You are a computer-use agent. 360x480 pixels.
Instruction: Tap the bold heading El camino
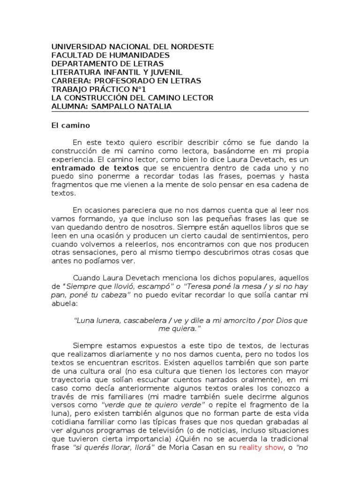pyautogui.click(x=70, y=126)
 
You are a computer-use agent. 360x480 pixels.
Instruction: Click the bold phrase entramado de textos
pyautogui.click(x=96, y=167)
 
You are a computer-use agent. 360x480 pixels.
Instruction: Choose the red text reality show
pyautogui.click(x=261, y=448)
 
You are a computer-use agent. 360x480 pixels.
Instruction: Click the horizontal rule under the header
pyautogui.click(x=180, y=112)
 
